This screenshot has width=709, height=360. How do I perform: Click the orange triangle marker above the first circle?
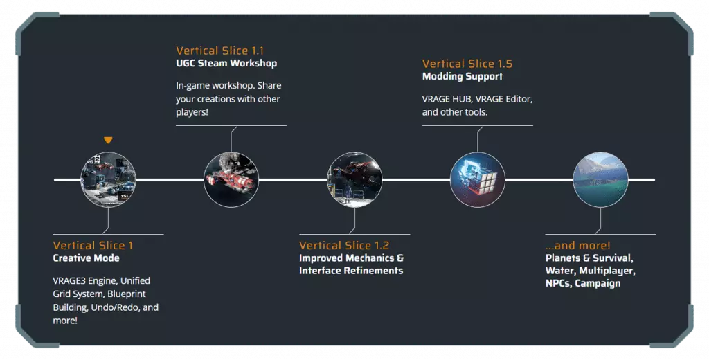point(107,141)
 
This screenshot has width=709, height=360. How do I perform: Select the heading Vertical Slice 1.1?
point(219,51)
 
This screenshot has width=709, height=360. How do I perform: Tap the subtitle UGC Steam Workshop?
point(226,63)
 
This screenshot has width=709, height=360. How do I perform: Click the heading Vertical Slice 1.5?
point(467,64)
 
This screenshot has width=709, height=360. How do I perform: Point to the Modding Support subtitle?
point(462,76)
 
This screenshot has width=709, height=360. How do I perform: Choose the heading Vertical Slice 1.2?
point(344,246)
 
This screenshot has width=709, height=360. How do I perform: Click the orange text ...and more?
point(578,246)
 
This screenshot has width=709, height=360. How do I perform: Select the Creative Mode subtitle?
point(86,258)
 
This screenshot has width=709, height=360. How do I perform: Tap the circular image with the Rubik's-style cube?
point(478,179)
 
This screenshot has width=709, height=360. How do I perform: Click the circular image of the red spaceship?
point(231,179)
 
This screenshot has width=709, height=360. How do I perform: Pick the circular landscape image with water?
point(600,179)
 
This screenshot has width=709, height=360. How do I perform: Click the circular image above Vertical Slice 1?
point(108,179)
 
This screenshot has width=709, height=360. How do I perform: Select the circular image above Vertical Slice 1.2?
point(354,179)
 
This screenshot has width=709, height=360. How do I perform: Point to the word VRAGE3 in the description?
point(69,281)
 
